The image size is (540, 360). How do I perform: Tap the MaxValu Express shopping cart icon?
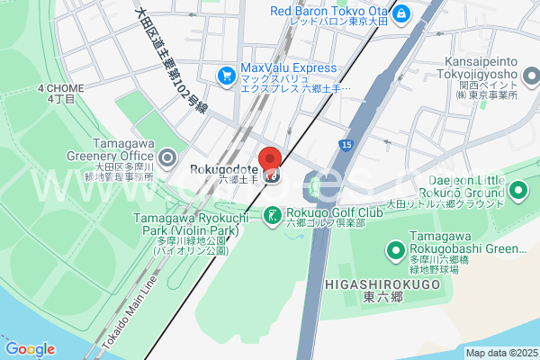click(x=226, y=76)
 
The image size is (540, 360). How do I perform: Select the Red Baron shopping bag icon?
click(x=400, y=14)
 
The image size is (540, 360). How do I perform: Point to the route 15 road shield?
click(x=346, y=144)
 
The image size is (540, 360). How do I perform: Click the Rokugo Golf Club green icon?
click(x=271, y=214)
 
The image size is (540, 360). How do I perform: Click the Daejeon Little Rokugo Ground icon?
click(x=519, y=189)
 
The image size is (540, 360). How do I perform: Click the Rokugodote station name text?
click(x=225, y=169)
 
